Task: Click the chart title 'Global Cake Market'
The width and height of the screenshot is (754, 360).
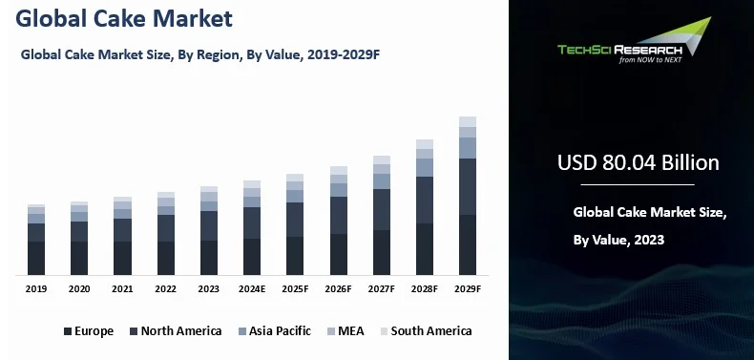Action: click(125, 19)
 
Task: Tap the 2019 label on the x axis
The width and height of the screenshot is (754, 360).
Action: click(36, 288)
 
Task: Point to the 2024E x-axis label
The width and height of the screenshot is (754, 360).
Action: click(252, 288)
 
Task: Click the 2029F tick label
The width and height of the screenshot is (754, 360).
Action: click(467, 288)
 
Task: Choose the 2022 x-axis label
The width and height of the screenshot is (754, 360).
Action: click(165, 288)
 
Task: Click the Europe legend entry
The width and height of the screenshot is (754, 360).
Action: click(89, 331)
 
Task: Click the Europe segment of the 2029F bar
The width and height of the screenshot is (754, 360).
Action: click(467, 245)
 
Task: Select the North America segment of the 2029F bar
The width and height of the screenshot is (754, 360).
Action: click(467, 186)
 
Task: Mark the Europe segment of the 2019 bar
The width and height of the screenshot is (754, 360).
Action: click(36, 259)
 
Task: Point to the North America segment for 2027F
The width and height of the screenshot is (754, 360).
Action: click(381, 209)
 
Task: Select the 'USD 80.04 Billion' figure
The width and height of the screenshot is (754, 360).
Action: click(638, 162)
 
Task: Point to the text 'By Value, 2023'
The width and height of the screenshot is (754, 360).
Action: click(618, 240)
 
